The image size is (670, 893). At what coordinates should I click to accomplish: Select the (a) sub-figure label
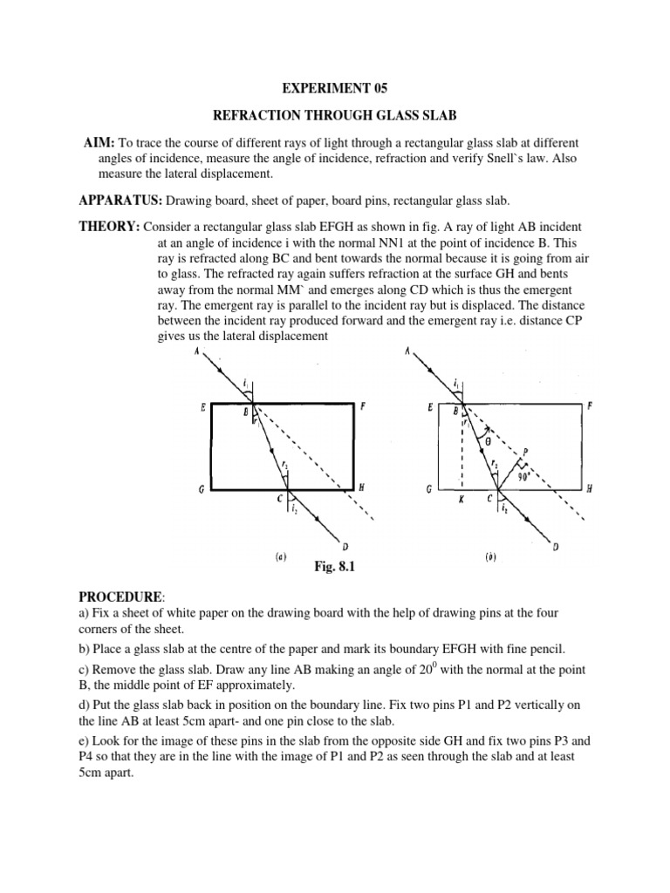pyautogui.click(x=282, y=556)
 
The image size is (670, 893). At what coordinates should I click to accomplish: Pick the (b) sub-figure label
pyautogui.click(x=490, y=556)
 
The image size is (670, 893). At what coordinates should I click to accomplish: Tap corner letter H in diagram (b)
pyautogui.click(x=590, y=489)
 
